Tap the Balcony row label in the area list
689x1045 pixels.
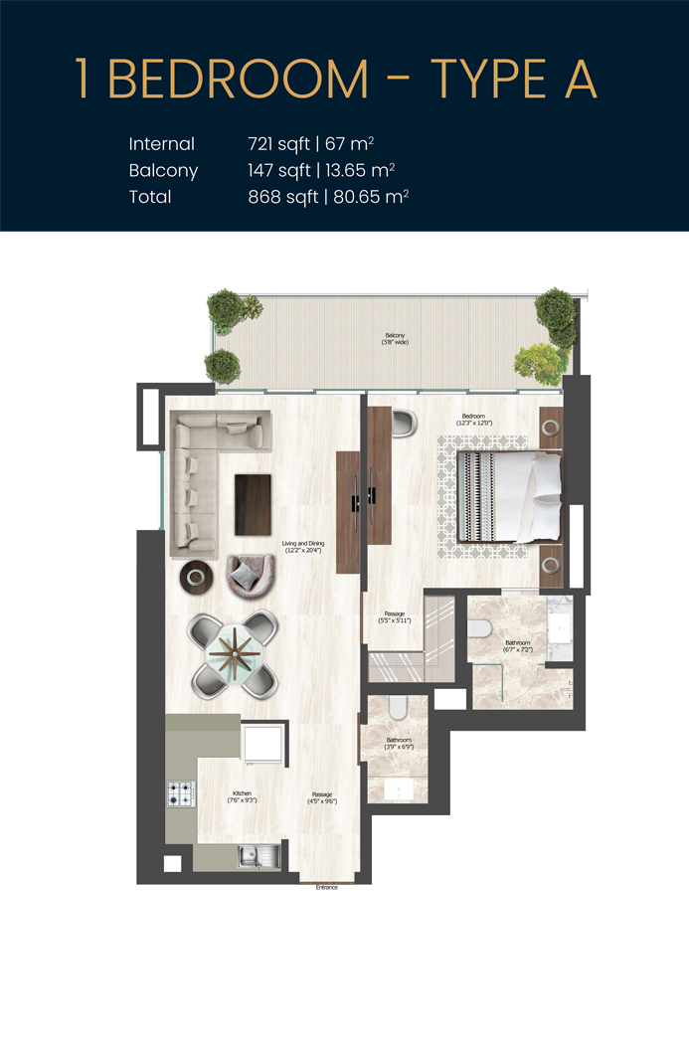click(163, 170)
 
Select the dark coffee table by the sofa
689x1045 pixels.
click(253, 504)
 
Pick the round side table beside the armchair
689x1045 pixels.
click(195, 577)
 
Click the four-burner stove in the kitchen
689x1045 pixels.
click(181, 794)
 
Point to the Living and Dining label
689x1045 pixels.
click(303, 546)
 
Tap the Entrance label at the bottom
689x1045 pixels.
click(327, 887)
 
